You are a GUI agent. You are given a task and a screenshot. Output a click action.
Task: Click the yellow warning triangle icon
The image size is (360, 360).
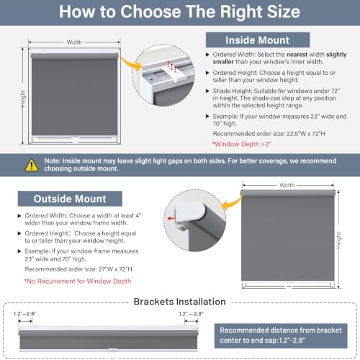(32, 165)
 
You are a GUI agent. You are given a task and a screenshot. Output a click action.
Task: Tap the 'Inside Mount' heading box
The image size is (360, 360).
(258, 40)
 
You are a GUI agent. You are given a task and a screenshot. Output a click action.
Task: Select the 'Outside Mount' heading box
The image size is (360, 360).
(70, 199)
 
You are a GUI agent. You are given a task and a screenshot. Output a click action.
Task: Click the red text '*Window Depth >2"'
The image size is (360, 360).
(242, 144)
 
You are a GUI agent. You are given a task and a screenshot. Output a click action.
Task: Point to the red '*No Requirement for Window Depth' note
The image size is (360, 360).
(78, 281)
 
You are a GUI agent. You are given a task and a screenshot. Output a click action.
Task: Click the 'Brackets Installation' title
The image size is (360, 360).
(180, 302)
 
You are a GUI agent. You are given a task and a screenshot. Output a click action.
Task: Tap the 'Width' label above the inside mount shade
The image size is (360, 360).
(74, 42)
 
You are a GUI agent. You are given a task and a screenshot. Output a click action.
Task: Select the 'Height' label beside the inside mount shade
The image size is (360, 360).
(22, 99)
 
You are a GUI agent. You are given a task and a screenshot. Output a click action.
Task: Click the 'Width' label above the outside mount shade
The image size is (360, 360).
(287, 185)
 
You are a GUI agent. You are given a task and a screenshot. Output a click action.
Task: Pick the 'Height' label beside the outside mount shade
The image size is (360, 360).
(338, 240)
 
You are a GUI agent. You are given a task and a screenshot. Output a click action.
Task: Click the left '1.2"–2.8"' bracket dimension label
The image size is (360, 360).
(25, 314)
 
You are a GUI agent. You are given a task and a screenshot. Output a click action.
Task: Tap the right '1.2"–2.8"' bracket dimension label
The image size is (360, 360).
(192, 314)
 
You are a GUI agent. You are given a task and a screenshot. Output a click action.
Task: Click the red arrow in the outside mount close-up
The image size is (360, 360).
(171, 218)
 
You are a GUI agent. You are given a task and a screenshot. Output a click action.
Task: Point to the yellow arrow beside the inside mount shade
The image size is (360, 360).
(132, 63)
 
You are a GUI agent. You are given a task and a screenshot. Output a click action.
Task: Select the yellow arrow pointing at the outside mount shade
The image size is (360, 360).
(232, 203)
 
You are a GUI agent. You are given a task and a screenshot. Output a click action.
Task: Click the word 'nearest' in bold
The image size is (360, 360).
(297, 55)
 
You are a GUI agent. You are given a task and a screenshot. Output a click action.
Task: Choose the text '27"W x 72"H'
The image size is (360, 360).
(115, 269)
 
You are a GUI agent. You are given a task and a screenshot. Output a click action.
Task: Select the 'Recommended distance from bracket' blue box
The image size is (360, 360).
(281, 336)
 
